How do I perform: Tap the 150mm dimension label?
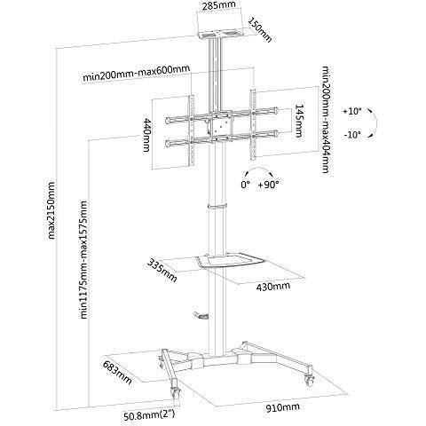click(x=259, y=30)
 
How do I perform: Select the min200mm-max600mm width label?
click(x=136, y=74)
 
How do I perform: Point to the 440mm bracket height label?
click(x=147, y=135)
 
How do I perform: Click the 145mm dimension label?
click(x=299, y=121)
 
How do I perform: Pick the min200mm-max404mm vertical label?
click(x=326, y=120)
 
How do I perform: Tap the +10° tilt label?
click(x=352, y=112)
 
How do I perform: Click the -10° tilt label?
click(x=352, y=135)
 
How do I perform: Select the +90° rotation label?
click(x=268, y=185)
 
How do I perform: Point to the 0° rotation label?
click(x=246, y=185)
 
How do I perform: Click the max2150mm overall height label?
click(x=51, y=210)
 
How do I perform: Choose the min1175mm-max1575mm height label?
click(x=84, y=260)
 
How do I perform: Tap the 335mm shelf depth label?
click(x=162, y=270)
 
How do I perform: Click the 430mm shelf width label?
click(x=273, y=287)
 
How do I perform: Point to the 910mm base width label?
click(x=283, y=407)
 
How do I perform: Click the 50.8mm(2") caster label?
click(x=149, y=415)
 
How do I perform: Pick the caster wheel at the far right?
click(x=310, y=380)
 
